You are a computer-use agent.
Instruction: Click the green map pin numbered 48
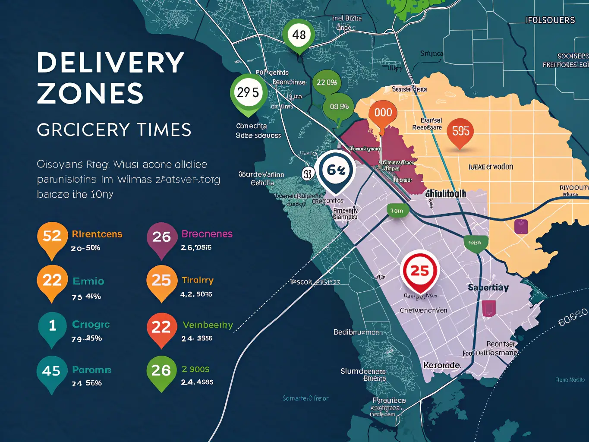[x=299, y=35]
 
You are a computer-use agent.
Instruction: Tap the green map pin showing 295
[x=248, y=93]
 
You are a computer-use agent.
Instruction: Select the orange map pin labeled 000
[x=383, y=113]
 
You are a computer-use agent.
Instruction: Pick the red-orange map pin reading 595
[x=460, y=131]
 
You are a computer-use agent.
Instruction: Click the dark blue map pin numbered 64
[x=335, y=170]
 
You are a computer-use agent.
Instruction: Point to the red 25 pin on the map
[x=419, y=271]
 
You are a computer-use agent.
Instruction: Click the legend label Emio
[x=88, y=281]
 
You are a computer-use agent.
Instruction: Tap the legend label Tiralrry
[x=198, y=280]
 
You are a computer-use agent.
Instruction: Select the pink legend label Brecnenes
[x=207, y=234]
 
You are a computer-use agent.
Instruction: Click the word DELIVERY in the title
[x=111, y=63]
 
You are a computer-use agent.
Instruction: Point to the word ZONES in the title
[x=90, y=94]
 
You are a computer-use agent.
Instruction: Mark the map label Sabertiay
[x=488, y=287]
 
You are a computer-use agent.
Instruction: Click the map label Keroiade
[x=441, y=365]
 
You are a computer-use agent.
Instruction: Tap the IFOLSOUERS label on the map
[x=550, y=20]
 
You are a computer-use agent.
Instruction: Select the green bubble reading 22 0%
[x=327, y=82]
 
